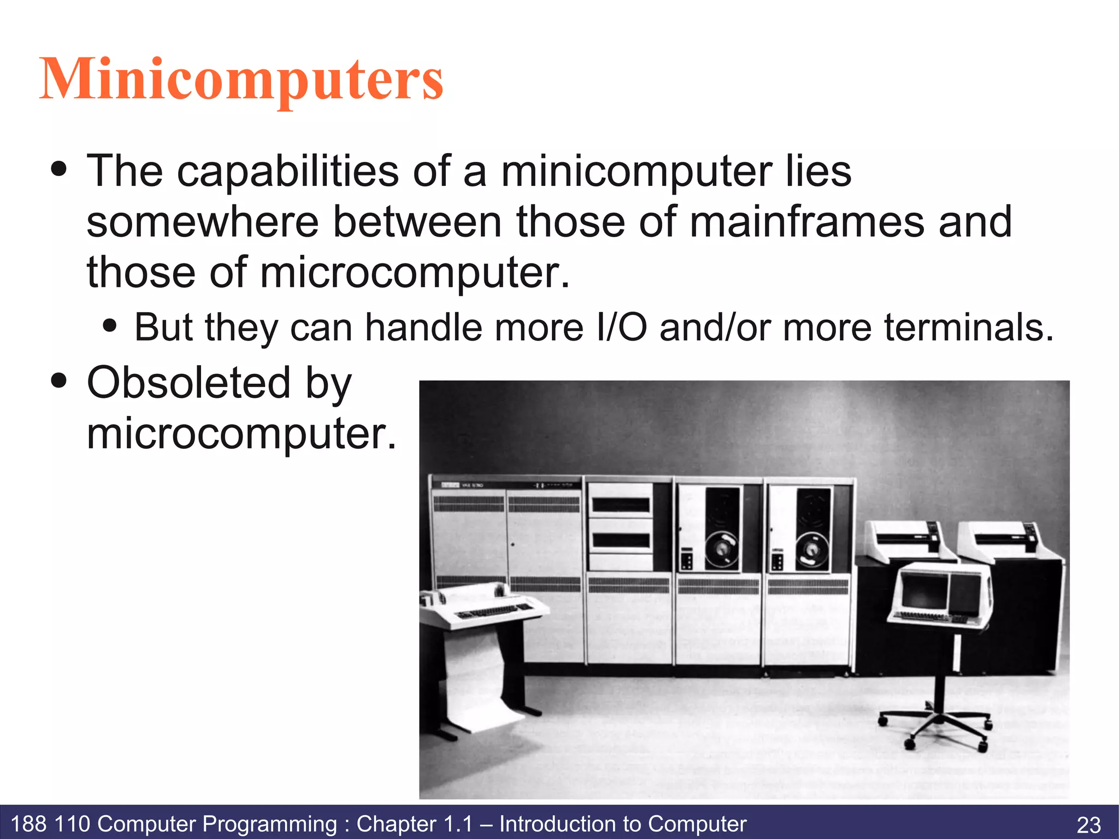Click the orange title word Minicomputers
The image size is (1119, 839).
pos(241,80)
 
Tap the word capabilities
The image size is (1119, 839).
pos(287,171)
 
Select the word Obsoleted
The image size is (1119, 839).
pos(189,383)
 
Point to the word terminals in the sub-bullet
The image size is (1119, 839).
pos(969,328)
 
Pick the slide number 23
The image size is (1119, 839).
pos(1088,824)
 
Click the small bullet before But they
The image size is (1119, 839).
pos(110,326)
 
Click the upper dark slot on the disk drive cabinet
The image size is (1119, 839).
pos(621,505)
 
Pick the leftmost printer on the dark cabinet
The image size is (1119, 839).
pos(909,538)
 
